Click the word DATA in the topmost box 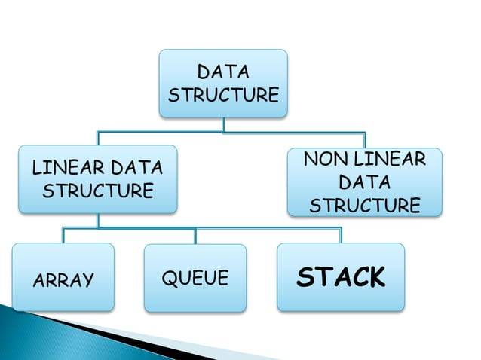pyautogui.click(x=222, y=72)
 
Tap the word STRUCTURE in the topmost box pyautogui.click(x=222, y=96)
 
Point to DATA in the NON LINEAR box pyautogui.click(x=365, y=182)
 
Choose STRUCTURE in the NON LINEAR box pyautogui.click(x=365, y=206)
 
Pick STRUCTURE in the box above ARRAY pyautogui.click(x=97, y=190)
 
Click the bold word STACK pyautogui.click(x=340, y=277)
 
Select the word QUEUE pyautogui.click(x=195, y=279)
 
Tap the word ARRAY pyautogui.click(x=64, y=280)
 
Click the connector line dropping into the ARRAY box pyautogui.click(x=63, y=235)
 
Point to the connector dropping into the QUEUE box pyautogui.click(x=195, y=235)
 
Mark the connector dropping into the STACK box pyautogui.click(x=341, y=235)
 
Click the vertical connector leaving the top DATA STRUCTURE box pyautogui.click(x=222, y=124)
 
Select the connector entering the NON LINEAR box pyautogui.click(x=365, y=141)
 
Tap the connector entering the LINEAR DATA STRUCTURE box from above pyautogui.click(x=97, y=139)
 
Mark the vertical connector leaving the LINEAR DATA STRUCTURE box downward pyautogui.click(x=97, y=220)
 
